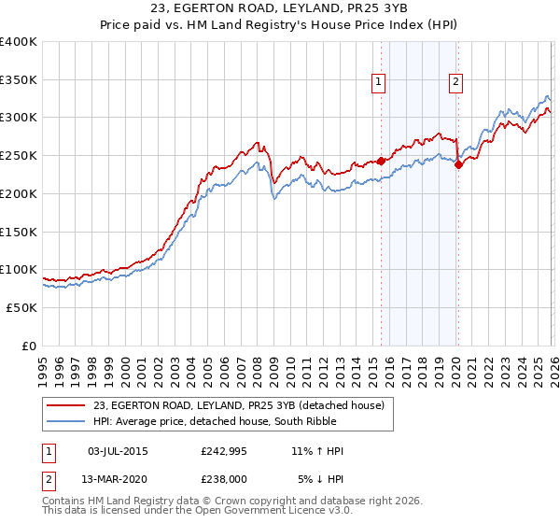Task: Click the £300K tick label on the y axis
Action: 18,118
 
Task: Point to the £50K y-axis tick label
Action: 21,307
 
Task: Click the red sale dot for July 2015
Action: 381,161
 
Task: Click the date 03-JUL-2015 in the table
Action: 118,451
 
